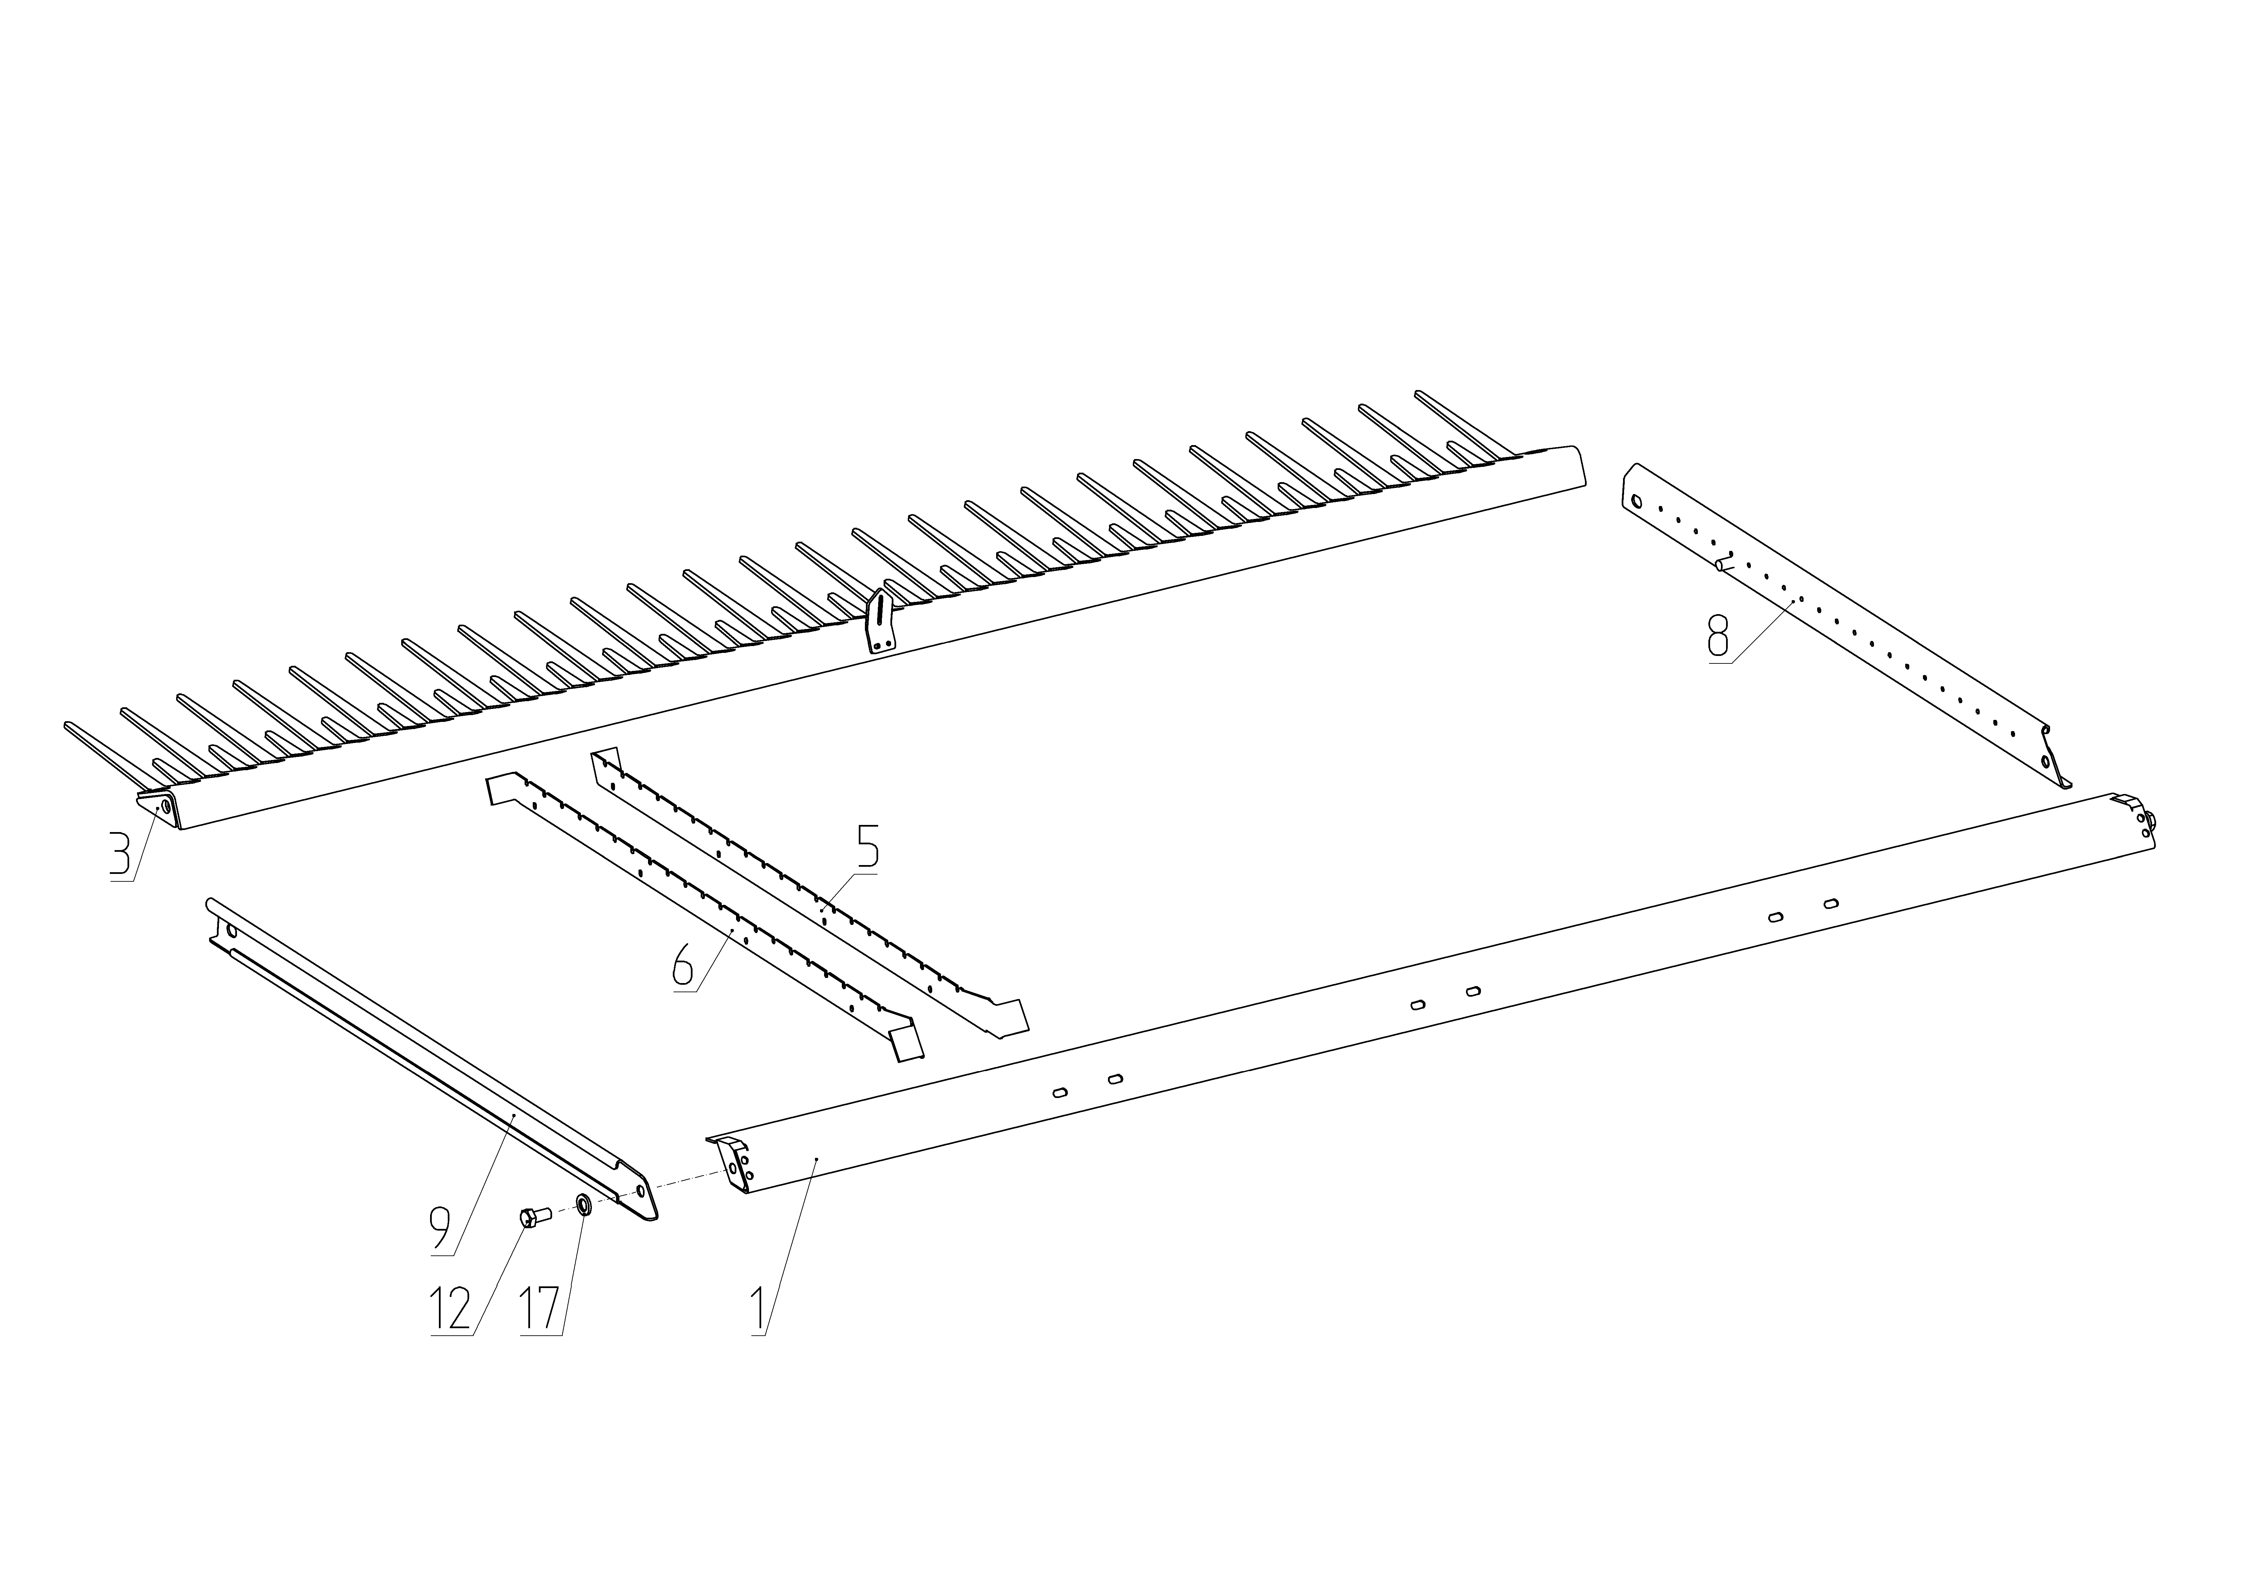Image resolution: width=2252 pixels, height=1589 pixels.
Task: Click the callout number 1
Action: [758, 1309]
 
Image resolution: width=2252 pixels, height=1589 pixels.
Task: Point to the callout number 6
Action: [684, 966]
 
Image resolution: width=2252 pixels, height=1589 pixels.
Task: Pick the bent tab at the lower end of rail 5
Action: [1010, 1016]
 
